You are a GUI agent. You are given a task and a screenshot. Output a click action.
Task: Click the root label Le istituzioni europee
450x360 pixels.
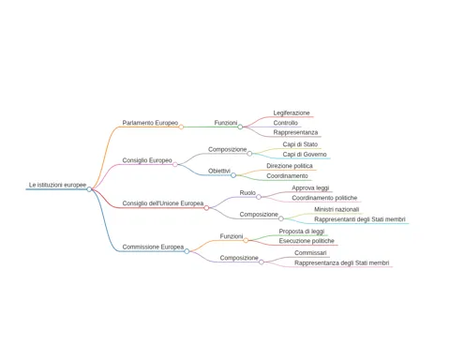pos(57,185)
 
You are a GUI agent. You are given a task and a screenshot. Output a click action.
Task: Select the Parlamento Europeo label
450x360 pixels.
pos(150,123)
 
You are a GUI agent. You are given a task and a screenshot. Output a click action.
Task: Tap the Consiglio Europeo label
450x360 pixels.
pos(147,160)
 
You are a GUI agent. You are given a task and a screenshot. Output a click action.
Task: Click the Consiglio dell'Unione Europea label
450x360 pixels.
pos(163,203)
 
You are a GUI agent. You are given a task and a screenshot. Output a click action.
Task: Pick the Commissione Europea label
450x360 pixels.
pos(153,247)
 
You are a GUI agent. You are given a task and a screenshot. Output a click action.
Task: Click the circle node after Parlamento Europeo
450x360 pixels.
pos(181,127)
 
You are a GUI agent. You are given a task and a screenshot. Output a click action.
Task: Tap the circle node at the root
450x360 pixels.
pos(89,189)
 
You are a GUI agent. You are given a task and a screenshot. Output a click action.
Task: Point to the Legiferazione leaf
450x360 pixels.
pos(292,112)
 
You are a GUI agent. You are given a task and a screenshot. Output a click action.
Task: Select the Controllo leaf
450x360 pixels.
pos(286,123)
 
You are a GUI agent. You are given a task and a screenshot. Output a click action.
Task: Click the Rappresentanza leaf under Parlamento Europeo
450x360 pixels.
pos(295,132)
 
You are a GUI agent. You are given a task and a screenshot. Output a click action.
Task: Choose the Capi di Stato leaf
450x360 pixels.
pos(300,144)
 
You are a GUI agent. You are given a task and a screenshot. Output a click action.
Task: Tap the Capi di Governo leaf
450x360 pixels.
pos(305,155)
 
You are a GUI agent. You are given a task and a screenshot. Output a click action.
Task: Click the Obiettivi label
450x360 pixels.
pos(219,171)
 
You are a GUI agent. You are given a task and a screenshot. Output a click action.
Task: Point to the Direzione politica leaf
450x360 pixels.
pos(290,166)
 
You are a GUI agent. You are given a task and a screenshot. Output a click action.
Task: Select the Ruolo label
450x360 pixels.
pos(247,193)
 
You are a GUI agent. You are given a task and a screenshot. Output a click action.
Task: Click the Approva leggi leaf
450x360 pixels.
pos(310,187)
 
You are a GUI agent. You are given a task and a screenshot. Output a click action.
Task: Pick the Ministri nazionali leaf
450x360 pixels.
pos(337,209)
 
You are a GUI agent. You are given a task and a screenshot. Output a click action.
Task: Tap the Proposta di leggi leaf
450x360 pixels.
pos(302,232)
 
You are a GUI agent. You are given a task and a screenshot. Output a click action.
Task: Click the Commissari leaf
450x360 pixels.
pos(310,253)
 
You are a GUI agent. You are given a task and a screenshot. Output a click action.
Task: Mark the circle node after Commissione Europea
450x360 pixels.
pos(187,251)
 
